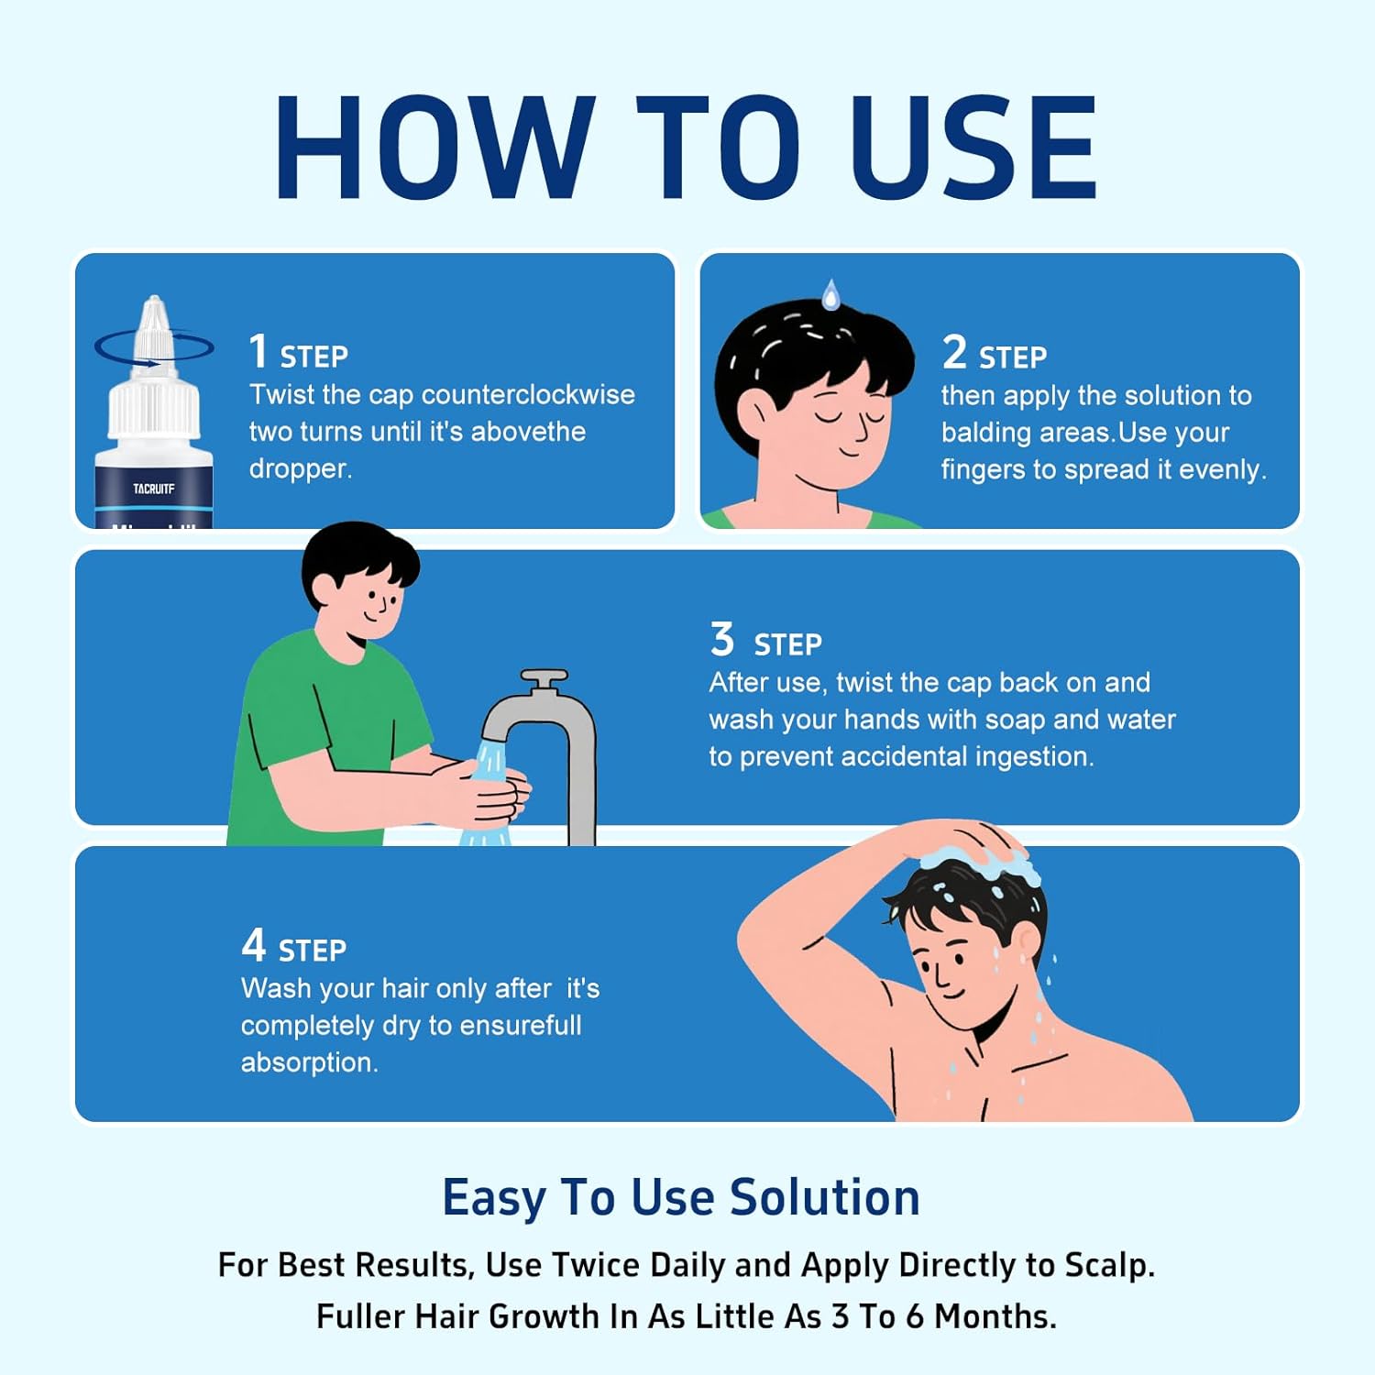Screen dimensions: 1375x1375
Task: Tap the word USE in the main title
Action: (974, 147)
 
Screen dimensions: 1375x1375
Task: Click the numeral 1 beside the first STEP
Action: (258, 350)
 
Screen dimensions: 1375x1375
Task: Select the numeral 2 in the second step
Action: (954, 351)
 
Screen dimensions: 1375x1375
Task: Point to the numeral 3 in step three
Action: (722, 639)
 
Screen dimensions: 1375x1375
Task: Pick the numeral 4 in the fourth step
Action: (254, 944)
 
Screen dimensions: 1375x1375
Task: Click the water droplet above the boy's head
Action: (830, 294)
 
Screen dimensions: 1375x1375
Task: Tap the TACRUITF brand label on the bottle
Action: (153, 489)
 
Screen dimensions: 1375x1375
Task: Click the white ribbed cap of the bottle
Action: (154, 407)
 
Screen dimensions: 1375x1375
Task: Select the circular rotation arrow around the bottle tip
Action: (153, 362)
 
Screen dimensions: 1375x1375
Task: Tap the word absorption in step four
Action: (309, 1062)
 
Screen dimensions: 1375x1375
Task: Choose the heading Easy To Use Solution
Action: (681, 1197)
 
